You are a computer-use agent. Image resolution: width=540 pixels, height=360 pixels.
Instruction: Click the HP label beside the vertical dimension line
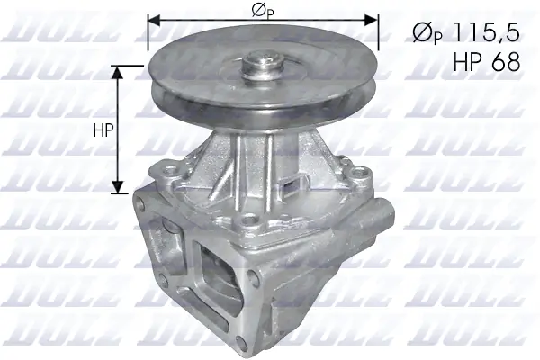103,130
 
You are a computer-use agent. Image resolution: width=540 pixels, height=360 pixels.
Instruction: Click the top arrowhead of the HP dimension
117,71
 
